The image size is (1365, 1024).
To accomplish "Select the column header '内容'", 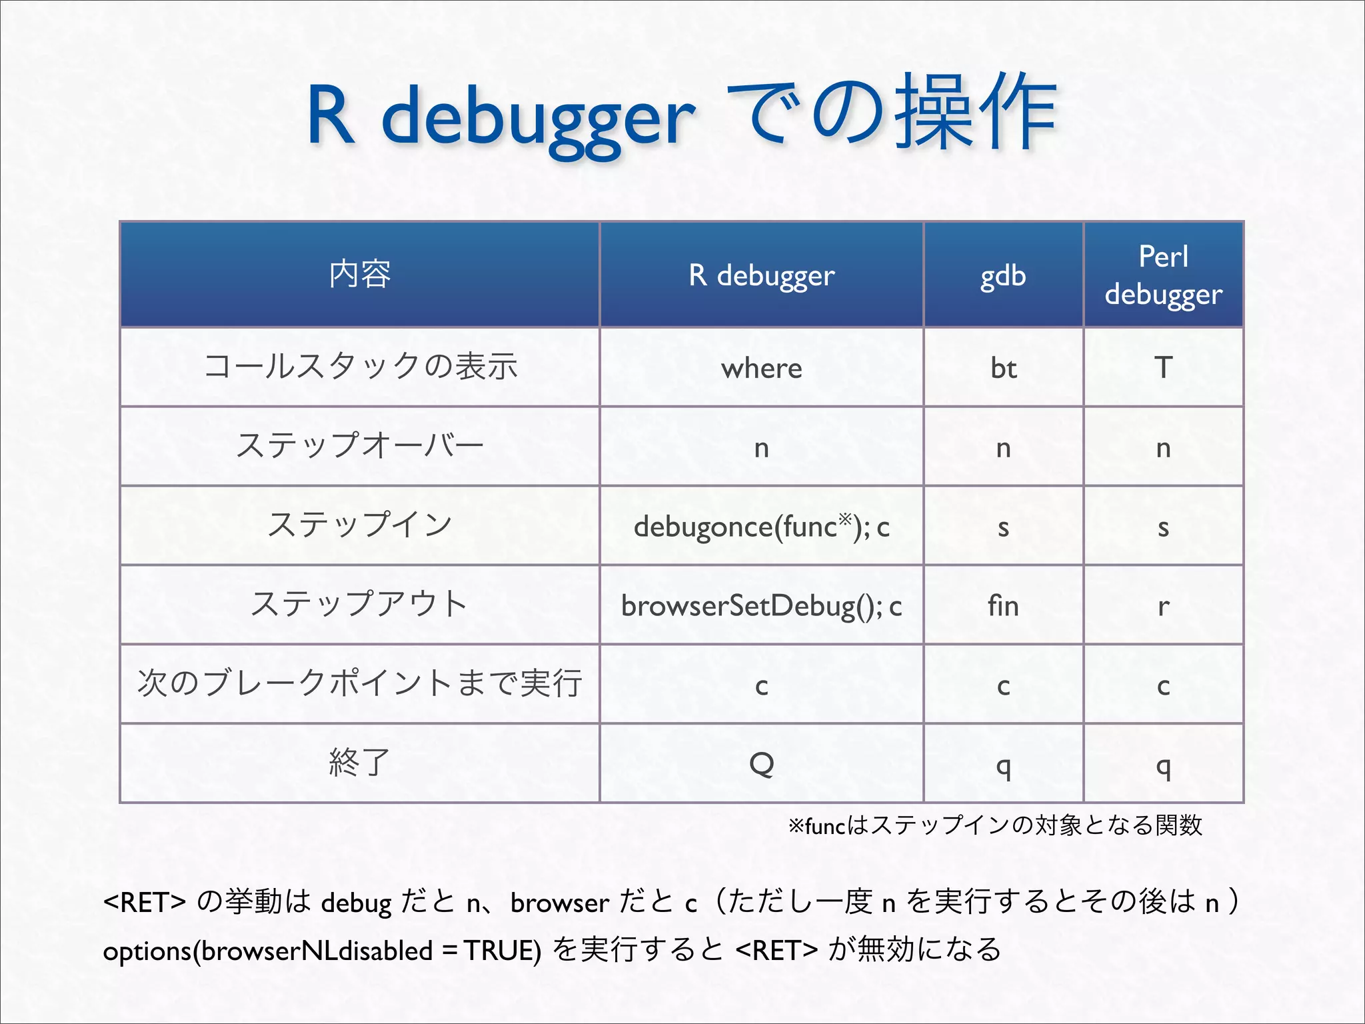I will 360,274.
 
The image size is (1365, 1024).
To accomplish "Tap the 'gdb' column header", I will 1003,275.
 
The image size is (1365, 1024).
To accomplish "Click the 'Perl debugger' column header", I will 1163,275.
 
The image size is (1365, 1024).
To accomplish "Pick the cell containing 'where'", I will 761,368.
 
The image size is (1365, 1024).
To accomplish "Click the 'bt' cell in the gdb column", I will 1003,368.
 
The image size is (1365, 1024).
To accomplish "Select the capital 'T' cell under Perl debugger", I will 1163,368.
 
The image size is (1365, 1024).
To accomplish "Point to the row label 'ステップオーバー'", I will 360,446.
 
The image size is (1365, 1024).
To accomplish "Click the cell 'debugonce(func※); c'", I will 761,526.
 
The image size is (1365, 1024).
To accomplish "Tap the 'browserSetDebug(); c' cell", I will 761,605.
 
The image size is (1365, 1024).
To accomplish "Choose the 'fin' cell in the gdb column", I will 1003,605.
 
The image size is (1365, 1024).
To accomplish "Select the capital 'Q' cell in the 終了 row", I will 761,763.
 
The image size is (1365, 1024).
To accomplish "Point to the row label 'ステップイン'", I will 360,525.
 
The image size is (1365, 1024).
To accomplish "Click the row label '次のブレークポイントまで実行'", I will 360,683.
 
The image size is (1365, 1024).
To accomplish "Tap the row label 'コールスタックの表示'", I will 360,367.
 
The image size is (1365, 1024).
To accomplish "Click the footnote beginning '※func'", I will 995,826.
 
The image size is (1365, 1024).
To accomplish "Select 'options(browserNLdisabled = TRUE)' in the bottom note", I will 322,950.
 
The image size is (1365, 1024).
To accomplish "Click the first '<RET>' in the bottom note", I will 145,902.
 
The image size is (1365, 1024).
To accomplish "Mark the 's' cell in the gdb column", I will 1003,527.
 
